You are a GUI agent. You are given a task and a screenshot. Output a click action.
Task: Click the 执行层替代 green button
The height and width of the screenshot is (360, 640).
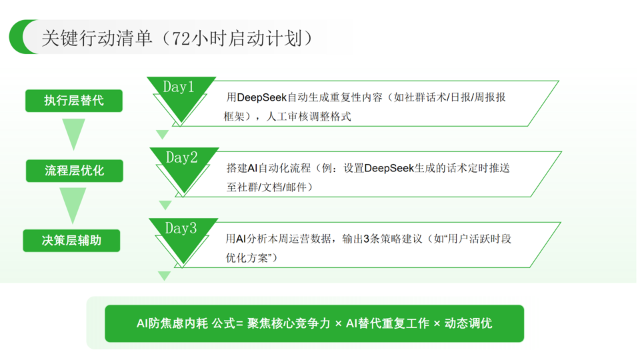click(74, 101)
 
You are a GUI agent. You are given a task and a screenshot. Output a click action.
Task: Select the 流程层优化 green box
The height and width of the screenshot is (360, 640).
click(74, 171)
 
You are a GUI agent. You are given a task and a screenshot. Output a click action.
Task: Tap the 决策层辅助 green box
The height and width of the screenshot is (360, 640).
click(72, 241)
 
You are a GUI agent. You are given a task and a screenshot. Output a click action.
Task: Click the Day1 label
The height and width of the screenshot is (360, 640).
click(179, 88)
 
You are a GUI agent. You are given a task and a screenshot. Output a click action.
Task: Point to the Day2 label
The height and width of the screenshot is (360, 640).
click(181, 158)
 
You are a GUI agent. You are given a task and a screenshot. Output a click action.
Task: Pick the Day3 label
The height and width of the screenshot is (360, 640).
click(181, 229)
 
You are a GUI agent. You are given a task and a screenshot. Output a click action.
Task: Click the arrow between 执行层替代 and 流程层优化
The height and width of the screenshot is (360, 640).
click(73, 133)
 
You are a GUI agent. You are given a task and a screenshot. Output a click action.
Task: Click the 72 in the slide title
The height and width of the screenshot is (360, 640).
click(181, 38)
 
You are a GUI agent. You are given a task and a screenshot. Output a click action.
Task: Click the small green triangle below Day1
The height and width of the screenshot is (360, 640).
click(162, 135)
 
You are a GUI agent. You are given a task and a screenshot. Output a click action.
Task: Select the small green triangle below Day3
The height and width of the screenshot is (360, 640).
click(165, 275)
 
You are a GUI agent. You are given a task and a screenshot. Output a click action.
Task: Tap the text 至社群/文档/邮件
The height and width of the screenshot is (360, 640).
click(269, 187)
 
